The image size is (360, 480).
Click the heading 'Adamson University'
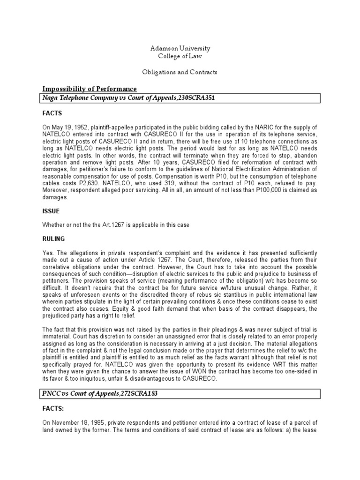pyautogui.click(x=180, y=48)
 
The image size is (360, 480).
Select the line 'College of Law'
pyautogui.click(x=180, y=56)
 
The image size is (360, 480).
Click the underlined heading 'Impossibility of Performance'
pyautogui.click(x=90, y=89)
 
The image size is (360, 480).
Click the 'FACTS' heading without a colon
pyautogui.click(x=52, y=113)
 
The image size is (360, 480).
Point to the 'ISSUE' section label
pyautogui.click(x=51, y=211)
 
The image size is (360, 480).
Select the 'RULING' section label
pyautogui.click(x=53, y=239)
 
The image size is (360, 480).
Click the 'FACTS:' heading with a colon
pyautogui.click(x=53, y=410)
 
